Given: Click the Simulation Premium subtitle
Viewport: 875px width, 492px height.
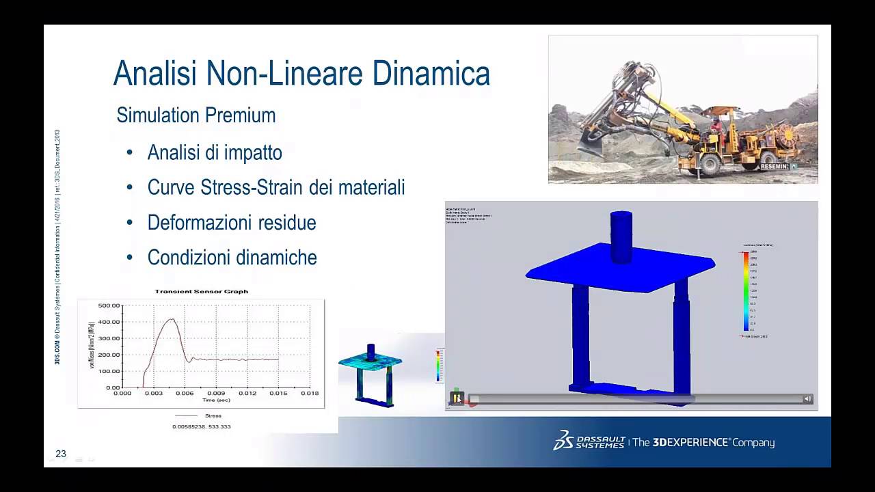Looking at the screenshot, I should tap(196, 115).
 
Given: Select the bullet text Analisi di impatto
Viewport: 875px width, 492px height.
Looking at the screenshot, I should tap(215, 152).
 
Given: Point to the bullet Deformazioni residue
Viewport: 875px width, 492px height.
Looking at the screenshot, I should tap(232, 223).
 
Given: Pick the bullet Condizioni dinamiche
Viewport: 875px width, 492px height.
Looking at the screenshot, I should tap(232, 258).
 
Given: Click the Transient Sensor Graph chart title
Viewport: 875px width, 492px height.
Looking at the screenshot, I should tap(201, 291).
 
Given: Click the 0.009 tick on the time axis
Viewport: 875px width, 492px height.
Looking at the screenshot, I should tap(216, 393).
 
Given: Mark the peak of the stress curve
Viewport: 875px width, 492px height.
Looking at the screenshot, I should tap(172, 319).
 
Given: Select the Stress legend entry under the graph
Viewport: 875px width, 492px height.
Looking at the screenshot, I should tap(213, 415).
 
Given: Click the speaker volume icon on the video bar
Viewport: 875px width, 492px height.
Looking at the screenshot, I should tap(807, 398).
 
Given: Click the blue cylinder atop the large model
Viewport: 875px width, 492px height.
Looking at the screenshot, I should tap(621, 236).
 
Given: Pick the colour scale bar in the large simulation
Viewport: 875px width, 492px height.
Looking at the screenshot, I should tap(746, 291).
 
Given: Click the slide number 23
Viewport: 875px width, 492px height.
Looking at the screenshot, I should tap(61, 454).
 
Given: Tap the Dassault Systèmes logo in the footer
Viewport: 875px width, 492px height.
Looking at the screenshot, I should tap(589, 441).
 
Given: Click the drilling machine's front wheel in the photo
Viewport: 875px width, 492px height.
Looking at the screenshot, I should tap(708, 164).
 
